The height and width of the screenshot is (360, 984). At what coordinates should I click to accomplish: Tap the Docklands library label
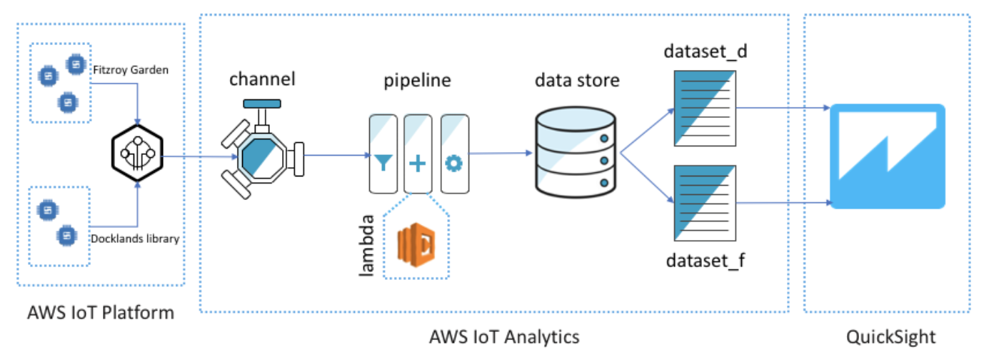[135, 239]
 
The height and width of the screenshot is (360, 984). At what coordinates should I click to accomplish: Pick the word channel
[262, 79]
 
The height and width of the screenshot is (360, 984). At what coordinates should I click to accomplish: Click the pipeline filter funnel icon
[383, 164]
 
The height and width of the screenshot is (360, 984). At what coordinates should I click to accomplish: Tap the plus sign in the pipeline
[417, 164]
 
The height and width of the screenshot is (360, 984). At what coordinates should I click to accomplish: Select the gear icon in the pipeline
[453, 164]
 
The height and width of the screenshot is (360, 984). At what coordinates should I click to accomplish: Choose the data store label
[577, 80]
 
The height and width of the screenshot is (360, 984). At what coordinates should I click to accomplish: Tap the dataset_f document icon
[703, 203]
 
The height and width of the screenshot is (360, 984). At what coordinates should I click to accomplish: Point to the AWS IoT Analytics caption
[504, 336]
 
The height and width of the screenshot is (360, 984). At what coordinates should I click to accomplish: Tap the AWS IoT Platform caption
[100, 312]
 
